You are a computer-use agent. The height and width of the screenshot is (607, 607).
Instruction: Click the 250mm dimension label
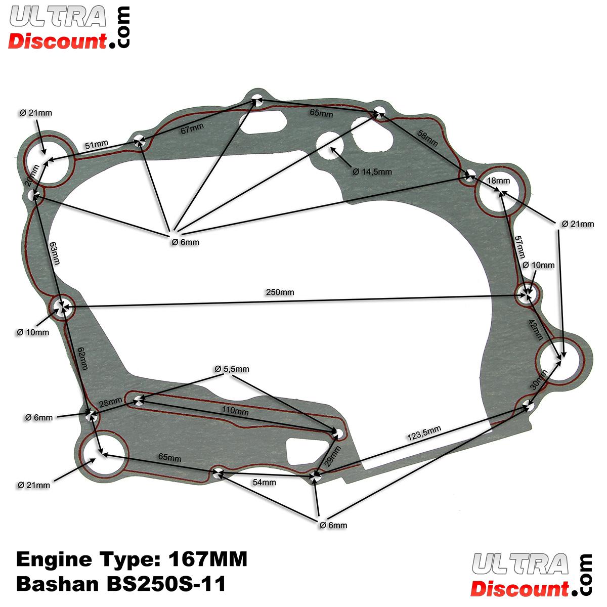click(280, 292)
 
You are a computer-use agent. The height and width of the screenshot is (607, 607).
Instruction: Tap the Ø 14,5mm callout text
click(372, 171)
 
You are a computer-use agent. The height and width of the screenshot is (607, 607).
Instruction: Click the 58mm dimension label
click(427, 138)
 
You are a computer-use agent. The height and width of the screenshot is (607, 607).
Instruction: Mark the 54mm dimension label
click(264, 483)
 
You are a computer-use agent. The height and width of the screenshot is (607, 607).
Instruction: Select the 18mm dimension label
click(498, 181)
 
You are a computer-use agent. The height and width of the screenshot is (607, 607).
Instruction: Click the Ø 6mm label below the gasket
click(333, 525)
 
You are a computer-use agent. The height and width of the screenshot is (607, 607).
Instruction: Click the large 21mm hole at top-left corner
click(47, 161)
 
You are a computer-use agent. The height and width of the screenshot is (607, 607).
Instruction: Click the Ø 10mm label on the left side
click(33, 332)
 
